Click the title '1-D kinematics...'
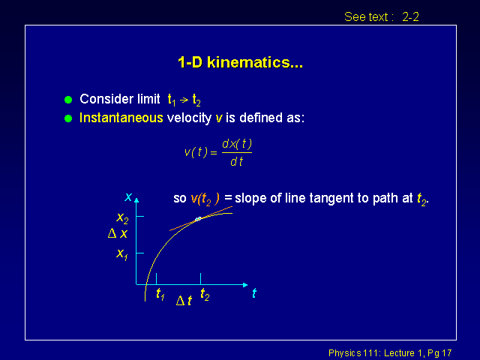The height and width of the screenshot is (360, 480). [240, 62]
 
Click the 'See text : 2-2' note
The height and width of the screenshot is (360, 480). [382, 16]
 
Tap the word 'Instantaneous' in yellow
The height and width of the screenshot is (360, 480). [121, 118]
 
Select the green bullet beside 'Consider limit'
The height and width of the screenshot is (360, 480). [68, 100]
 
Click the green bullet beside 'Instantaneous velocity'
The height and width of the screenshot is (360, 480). [68, 118]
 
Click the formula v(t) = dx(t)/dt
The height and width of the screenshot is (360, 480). [218, 152]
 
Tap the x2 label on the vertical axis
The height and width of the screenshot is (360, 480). [122, 218]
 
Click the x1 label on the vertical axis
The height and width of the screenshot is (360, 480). [121, 254]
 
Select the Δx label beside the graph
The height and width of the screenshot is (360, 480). [118, 233]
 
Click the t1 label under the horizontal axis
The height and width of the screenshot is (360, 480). [160, 294]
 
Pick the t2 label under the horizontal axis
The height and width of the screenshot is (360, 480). [205, 295]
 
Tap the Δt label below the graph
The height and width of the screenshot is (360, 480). [184, 301]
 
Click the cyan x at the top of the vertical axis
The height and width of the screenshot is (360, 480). [128, 196]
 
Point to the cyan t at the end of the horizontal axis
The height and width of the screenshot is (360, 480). [254, 293]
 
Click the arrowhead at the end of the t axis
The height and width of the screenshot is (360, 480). [245, 285]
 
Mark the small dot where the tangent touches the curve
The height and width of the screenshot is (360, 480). [198, 219]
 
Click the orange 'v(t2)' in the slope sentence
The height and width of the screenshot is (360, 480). [205, 199]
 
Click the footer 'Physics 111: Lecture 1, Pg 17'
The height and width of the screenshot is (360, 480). [390, 353]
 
